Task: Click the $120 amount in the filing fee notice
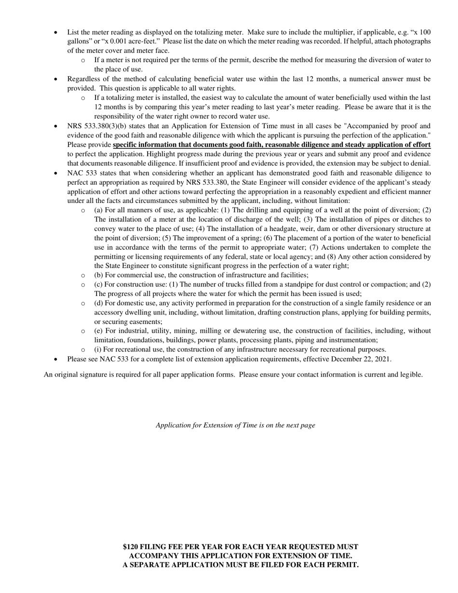click(x=130, y=547)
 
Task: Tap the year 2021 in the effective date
click(x=382, y=359)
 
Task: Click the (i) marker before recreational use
click(x=98, y=350)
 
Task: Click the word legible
click(x=411, y=374)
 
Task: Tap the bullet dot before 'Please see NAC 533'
click(x=56, y=359)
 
